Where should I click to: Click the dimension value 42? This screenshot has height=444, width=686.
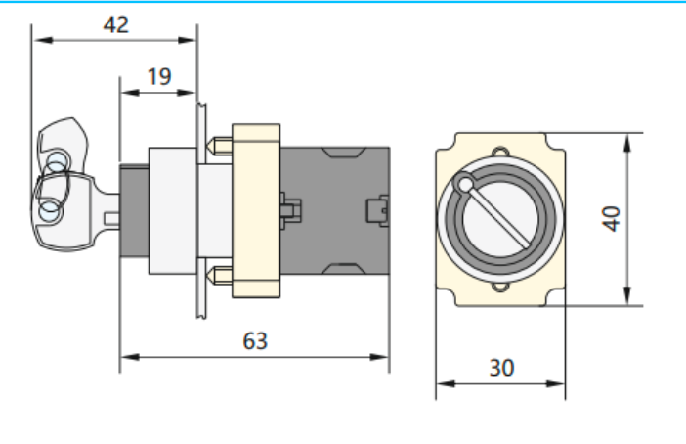click(x=115, y=24)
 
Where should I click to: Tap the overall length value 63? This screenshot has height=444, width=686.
click(x=254, y=340)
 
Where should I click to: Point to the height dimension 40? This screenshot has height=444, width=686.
click(x=612, y=217)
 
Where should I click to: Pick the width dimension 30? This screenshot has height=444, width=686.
click(x=500, y=368)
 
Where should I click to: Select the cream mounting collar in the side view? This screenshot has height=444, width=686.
click(x=254, y=209)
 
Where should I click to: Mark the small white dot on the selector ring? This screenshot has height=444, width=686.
click(x=465, y=184)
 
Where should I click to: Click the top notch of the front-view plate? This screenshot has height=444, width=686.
click(x=500, y=152)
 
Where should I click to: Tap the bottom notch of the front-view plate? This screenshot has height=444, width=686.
click(x=500, y=288)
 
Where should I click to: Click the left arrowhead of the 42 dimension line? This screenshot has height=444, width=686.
click(x=37, y=41)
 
